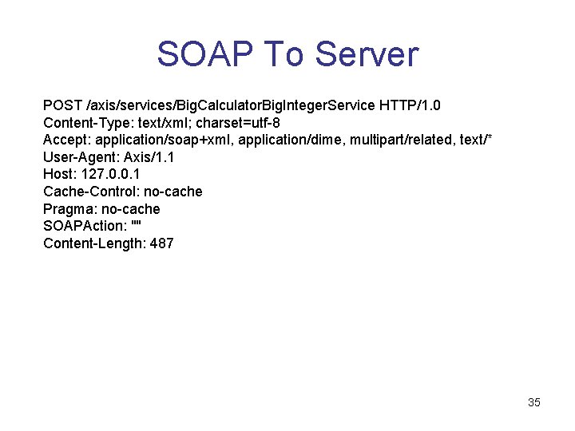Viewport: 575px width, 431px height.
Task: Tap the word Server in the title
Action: coord(367,54)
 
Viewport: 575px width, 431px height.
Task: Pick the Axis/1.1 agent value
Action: coord(149,157)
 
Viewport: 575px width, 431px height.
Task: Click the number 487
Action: coord(161,243)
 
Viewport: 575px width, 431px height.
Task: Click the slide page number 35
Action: coord(534,402)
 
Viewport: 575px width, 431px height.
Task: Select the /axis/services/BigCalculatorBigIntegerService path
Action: coord(231,105)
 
